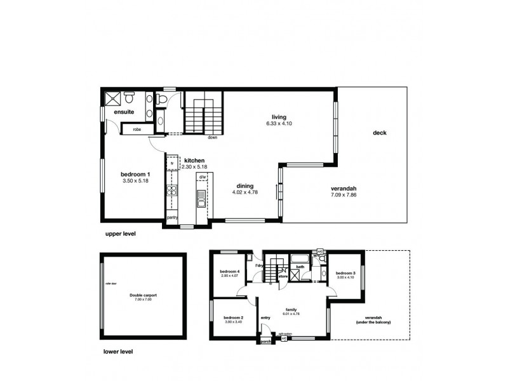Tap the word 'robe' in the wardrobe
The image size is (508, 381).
(137, 130)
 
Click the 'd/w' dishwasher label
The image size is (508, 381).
(202, 177)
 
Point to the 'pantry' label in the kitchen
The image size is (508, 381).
(172, 218)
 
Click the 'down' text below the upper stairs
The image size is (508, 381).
(212, 137)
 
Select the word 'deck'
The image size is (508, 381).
(380, 133)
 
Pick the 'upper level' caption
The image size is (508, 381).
(121, 234)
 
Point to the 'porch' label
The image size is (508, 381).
(265, 342)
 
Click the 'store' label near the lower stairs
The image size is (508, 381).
(283, 277)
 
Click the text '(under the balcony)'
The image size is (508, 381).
(373, 323)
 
